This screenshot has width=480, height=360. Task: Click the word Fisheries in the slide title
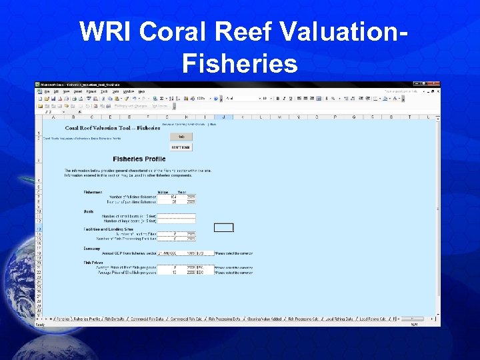[239, 64]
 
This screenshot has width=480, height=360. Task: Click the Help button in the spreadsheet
[181, 137]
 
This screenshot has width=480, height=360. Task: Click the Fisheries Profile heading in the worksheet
[139, 159]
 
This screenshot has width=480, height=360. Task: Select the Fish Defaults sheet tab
[115, 319]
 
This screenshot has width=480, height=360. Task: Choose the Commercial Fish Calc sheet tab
[187, 319]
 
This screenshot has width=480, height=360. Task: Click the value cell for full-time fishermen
[167, 197]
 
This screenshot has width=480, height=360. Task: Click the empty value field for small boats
[176, 216]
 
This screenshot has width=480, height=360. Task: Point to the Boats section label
[88, 211]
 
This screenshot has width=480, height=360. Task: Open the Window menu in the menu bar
[129, 91]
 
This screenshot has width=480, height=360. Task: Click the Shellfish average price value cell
[167, 272]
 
